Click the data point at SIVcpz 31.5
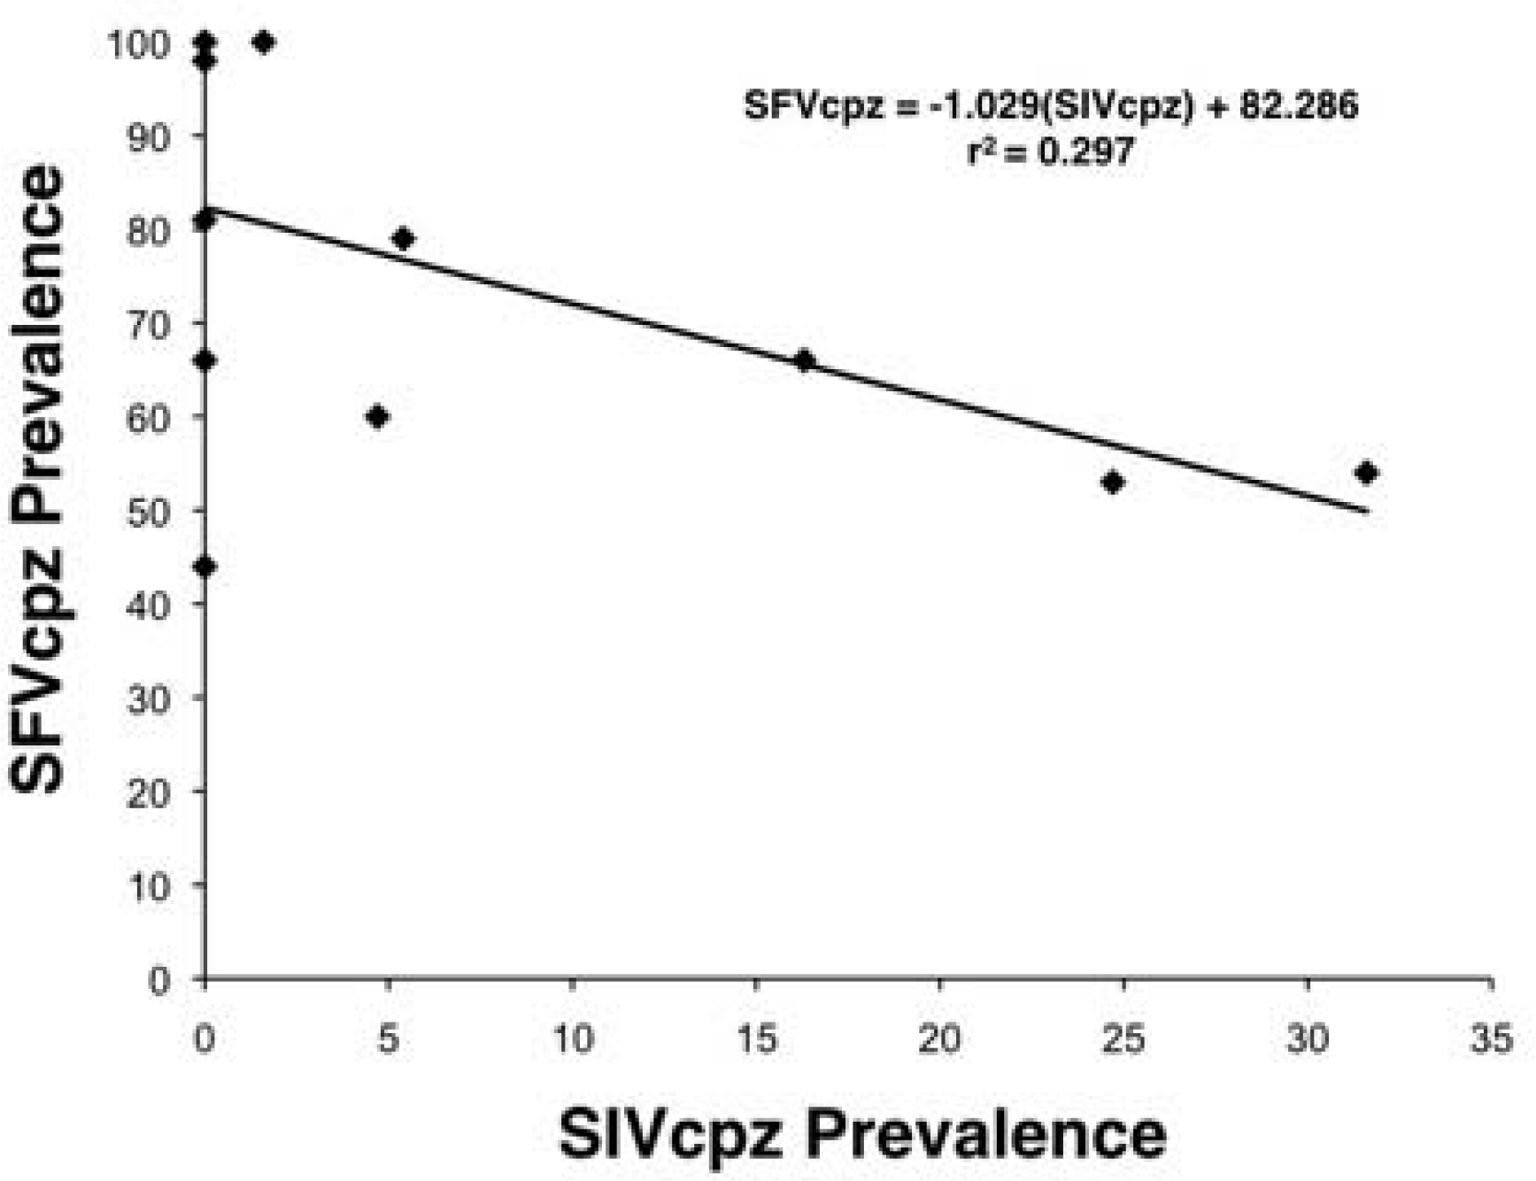coord(1366,473)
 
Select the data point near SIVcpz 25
coord(1113,482)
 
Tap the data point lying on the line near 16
coord(804,360)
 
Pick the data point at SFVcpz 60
coord(377,417)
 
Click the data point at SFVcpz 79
coord(403,238)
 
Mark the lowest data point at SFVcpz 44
coord(205,567)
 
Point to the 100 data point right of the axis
coord(263,42)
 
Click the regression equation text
coord(1050,106)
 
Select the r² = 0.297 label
coord(1050,152)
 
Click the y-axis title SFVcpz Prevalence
coord(37,478)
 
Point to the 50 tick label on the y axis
coord(148,511)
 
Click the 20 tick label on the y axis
coord(148,791)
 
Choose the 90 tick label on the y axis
coord(148,136)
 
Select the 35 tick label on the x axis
coord(1492,1038)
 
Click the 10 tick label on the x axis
coord(573,1038)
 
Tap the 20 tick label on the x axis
coord(939,1038)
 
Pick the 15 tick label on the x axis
coord(756,1038)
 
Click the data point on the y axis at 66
coord(205,360)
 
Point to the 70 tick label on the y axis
coord(148,324)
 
